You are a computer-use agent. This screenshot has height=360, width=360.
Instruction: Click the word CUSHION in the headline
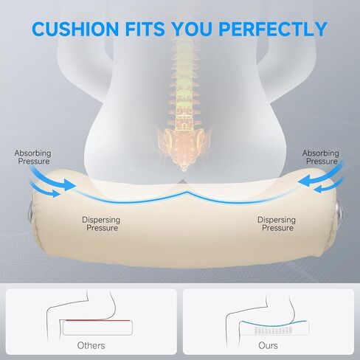(x=75, y=29)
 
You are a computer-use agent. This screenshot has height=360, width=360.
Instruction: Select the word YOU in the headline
(x=192, y=29)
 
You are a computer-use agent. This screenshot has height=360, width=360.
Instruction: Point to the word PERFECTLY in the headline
(x=273, y=29)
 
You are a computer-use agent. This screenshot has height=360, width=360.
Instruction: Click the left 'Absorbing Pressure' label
(x=32, y=157)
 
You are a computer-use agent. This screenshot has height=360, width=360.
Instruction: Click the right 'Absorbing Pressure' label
(x=321, y=157)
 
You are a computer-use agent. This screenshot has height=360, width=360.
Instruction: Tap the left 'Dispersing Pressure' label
(x=101, y=224)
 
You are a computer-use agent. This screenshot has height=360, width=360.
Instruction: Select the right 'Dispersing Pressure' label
(x=277, y=224)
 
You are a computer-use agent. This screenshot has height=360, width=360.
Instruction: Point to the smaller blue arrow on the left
(x=45, y=190)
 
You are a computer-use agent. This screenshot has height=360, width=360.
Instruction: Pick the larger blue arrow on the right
(x=319, y=176)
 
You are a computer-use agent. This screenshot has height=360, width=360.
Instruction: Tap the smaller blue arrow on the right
(x=328, y=187)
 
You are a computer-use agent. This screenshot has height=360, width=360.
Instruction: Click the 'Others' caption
(x=91, y=345)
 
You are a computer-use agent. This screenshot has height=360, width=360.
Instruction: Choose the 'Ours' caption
(x=268, y=345)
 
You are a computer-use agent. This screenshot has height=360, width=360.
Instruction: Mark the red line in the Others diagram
(x=98, y=320)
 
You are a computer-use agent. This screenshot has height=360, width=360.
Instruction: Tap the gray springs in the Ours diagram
(x=274, y=330)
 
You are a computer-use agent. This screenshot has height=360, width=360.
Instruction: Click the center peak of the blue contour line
(x=187, y=192)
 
